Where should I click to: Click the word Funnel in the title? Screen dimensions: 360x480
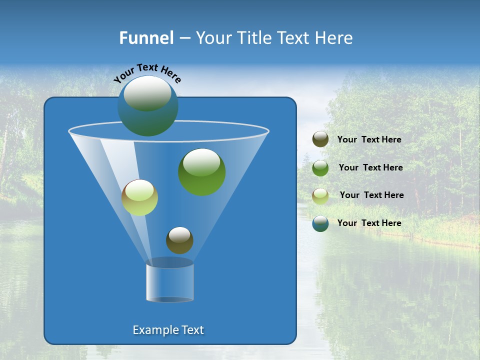point(146,38)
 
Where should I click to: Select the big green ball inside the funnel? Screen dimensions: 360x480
point(201,172)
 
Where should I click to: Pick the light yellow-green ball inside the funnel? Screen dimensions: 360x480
point(139,197)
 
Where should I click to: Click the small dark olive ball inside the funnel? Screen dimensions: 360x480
point(179,240)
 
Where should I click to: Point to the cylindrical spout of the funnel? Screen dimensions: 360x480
point(169,282)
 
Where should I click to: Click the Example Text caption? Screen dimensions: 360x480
point(168,330)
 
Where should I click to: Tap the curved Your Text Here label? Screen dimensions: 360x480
point(147,72)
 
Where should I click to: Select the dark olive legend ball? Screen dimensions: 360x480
point(320,139)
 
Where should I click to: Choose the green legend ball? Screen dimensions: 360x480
point(320,168)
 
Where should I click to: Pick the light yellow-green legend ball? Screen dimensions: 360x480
point(320,195)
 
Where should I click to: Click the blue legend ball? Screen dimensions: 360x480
point(320,223)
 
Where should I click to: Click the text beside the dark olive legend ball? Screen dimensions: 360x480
point(369,140)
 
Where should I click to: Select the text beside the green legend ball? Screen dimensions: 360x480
point(370,168)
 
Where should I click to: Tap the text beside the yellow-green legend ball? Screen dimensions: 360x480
point(371,195)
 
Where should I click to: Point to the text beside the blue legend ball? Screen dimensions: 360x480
point(369,223)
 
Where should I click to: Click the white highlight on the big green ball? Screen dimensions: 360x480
point(201,161)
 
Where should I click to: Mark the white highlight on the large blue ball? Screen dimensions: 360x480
point(147,93)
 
